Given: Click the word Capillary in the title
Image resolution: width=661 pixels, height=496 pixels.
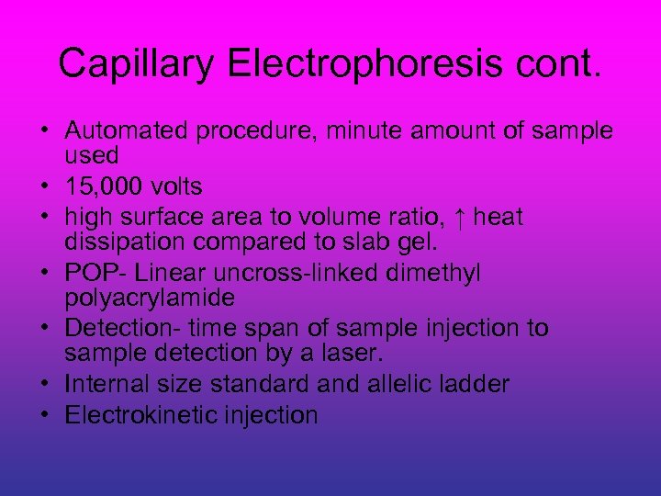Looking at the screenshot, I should [136, 63].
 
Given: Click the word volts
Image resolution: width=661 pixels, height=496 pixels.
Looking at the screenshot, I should [175, 187].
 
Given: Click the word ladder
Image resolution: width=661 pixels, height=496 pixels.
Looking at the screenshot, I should [476, 385].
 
